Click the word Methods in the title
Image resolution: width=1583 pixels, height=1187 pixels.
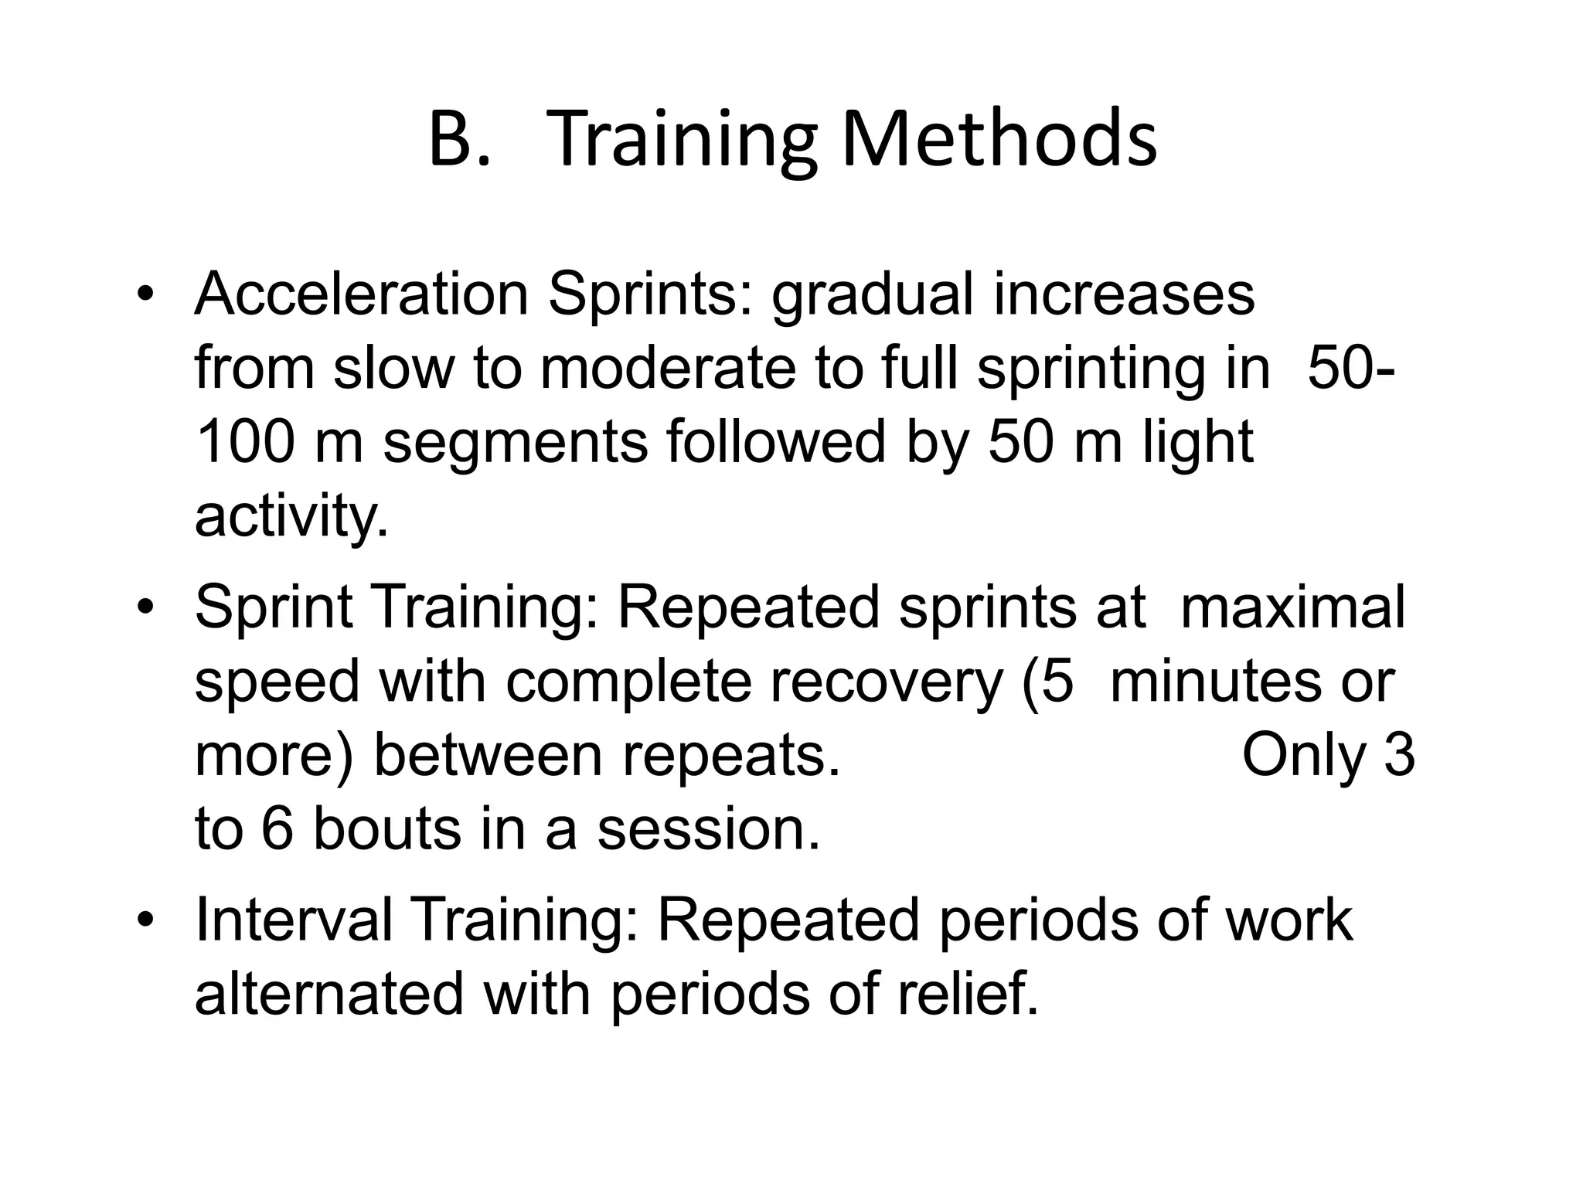tap(999, 140)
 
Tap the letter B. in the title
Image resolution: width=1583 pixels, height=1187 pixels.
tap(459, 140)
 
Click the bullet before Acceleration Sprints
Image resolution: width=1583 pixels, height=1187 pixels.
tap(145, 296)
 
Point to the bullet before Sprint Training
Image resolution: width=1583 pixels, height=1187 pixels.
tap(145, 608)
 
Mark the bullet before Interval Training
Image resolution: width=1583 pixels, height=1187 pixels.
tap(145, 921)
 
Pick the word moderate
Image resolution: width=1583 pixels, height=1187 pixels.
tap(668, 369)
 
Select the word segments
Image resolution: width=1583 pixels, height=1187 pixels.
tap(516, 444)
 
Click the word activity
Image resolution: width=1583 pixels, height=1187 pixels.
tap(291, 517)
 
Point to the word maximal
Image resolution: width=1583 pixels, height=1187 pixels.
tap(1292, 607)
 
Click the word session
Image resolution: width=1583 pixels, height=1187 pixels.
tap(708, 829)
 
